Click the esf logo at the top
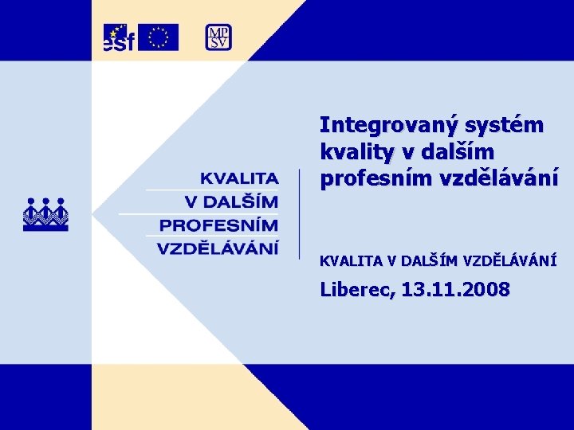(x=119, y=37)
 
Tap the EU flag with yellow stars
(x=158, y=37)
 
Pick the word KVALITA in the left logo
(x=238, y=178)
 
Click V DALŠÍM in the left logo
(x=231, y=201)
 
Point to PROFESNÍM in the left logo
(x=218, y=225)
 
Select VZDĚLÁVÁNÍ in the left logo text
(x=218, y=248)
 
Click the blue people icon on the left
(x=45, y=213)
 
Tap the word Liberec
(x=356, y=290)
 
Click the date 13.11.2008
(x=456, y=290)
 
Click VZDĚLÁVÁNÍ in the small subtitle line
(x=509, y=260)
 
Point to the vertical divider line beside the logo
(x=299, y=213)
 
